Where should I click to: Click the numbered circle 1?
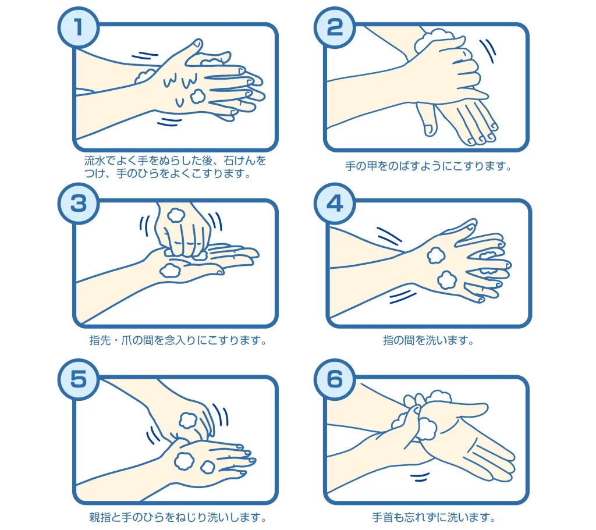(x=79, y=27)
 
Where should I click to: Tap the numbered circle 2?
(x=335, y=27)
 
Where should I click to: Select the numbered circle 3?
(x=79, y=204)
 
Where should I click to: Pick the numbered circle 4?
(x=335, y=204)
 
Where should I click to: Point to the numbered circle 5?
(x=79, y=379)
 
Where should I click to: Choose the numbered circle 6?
(x=335, y=379)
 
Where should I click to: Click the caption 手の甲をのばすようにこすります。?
(x=428, y=166)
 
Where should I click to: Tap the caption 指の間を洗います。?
(x=428, y=340)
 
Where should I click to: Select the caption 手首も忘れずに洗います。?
(x=434, y=517)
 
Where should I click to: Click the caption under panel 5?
(x=178, y=517)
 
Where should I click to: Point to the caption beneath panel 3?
(x=178, y=340)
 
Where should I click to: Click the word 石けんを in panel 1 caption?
(x=245, y=161)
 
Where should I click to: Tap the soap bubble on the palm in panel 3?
(x=171, y=270)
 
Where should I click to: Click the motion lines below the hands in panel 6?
(x=420, y=477)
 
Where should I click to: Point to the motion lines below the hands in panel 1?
(x=169, y=122)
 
